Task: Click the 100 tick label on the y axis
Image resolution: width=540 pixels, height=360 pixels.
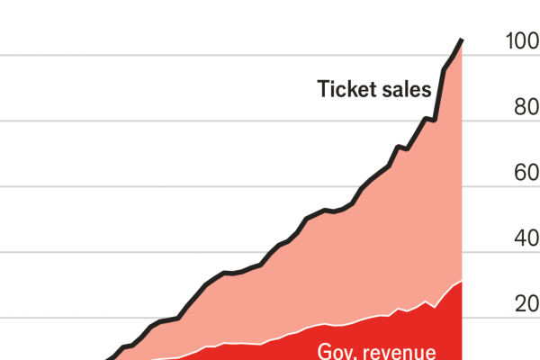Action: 521,41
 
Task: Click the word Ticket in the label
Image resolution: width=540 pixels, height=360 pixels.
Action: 347,89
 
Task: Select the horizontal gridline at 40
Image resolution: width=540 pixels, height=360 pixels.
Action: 135,253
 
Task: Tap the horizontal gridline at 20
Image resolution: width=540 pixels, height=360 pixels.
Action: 90,319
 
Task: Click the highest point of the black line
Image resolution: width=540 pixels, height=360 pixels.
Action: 462,40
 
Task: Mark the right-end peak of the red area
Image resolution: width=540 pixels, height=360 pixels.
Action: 461,282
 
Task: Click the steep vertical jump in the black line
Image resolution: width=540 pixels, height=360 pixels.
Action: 439,94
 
